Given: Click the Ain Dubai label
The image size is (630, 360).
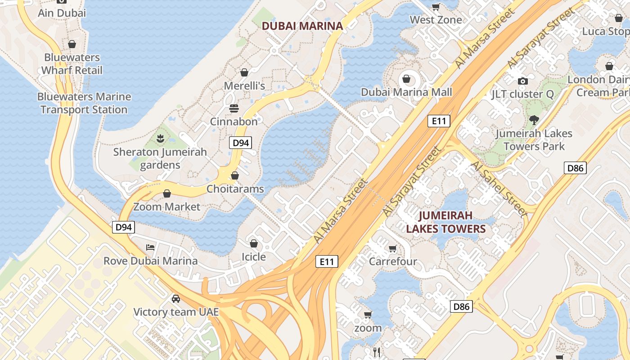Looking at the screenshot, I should click(x=62, y=13).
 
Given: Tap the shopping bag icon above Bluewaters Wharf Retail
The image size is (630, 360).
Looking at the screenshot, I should click(x=72, y=44).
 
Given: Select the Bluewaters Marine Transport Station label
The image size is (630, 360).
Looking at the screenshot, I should click(x=84, y=103).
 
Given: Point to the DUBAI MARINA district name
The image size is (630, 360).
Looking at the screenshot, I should click(x=302, y=26).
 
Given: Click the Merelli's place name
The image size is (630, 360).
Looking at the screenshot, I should click(x=244, y=85).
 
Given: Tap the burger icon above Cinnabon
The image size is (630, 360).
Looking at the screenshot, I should click(x=234, y=108).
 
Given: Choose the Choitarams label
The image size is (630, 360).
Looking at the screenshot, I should click(x=235, y=189).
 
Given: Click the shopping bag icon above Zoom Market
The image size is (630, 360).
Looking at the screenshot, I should click(x=167, y=193).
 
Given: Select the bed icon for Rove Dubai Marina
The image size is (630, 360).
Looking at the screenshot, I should click(x=150, y=247).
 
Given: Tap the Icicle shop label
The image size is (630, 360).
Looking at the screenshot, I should click(x=254, y=256).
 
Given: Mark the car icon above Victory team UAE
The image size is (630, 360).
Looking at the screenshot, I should click(x=176, y=298).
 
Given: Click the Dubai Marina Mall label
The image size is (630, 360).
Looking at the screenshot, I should click(x=406, y=92).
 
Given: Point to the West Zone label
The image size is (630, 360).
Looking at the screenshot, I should click(x=436, y=20).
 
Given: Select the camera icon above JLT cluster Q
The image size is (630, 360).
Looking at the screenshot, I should click(x=522, y=81).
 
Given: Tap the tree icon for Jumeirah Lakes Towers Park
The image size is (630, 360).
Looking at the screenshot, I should click(x=534, y=120).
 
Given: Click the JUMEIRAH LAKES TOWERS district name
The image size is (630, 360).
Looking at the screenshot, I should click(x=446, y=222).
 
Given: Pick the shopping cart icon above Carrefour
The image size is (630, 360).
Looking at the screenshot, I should click(x=393, y=248).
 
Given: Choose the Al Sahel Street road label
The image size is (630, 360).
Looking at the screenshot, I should click(x=499, y=189).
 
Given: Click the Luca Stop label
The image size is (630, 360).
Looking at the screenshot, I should click(x=605, y=31).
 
